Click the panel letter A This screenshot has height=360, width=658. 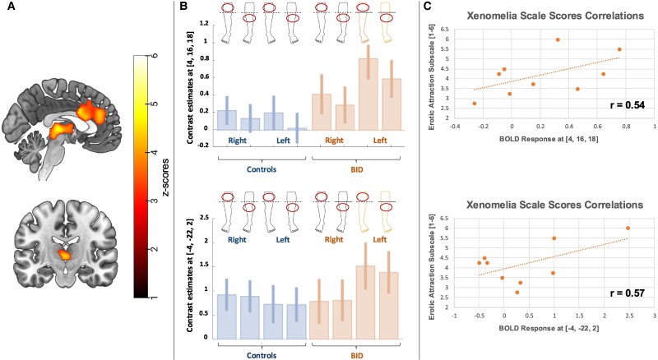pos(12,7)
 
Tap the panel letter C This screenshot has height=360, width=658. pos(427,7)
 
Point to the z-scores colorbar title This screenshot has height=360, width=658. pos(166,177)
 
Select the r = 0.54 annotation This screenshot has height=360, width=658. pos(627,105)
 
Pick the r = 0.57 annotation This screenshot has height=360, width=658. pos(627,293)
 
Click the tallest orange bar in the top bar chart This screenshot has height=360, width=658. pos(368,95)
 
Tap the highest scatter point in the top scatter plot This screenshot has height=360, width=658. pos(558,39)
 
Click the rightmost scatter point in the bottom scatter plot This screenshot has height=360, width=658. pos(628,228)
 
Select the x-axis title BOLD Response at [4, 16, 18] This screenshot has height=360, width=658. pos(548,139)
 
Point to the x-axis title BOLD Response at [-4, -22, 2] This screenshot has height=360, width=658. pos(549,328)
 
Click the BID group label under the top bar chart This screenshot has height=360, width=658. pos(356,170)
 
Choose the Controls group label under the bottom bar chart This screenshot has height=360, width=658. pos(262,355)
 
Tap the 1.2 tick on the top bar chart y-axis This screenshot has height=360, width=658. pos(204,24)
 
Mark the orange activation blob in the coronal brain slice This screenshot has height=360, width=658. pos(64,255)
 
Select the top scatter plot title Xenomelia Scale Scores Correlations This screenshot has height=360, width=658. pos(555,16)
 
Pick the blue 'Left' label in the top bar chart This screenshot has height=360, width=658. pos(283,141)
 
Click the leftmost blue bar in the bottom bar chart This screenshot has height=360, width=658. pos(227,316)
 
